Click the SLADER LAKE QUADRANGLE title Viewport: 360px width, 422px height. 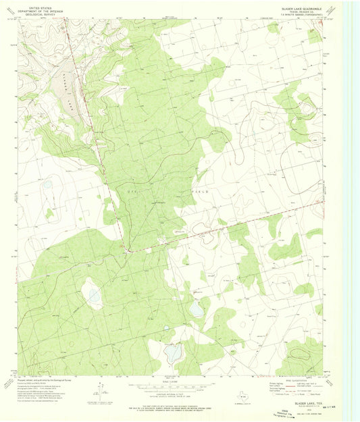(298, 5)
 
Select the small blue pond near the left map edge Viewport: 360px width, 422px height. (47, 184)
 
